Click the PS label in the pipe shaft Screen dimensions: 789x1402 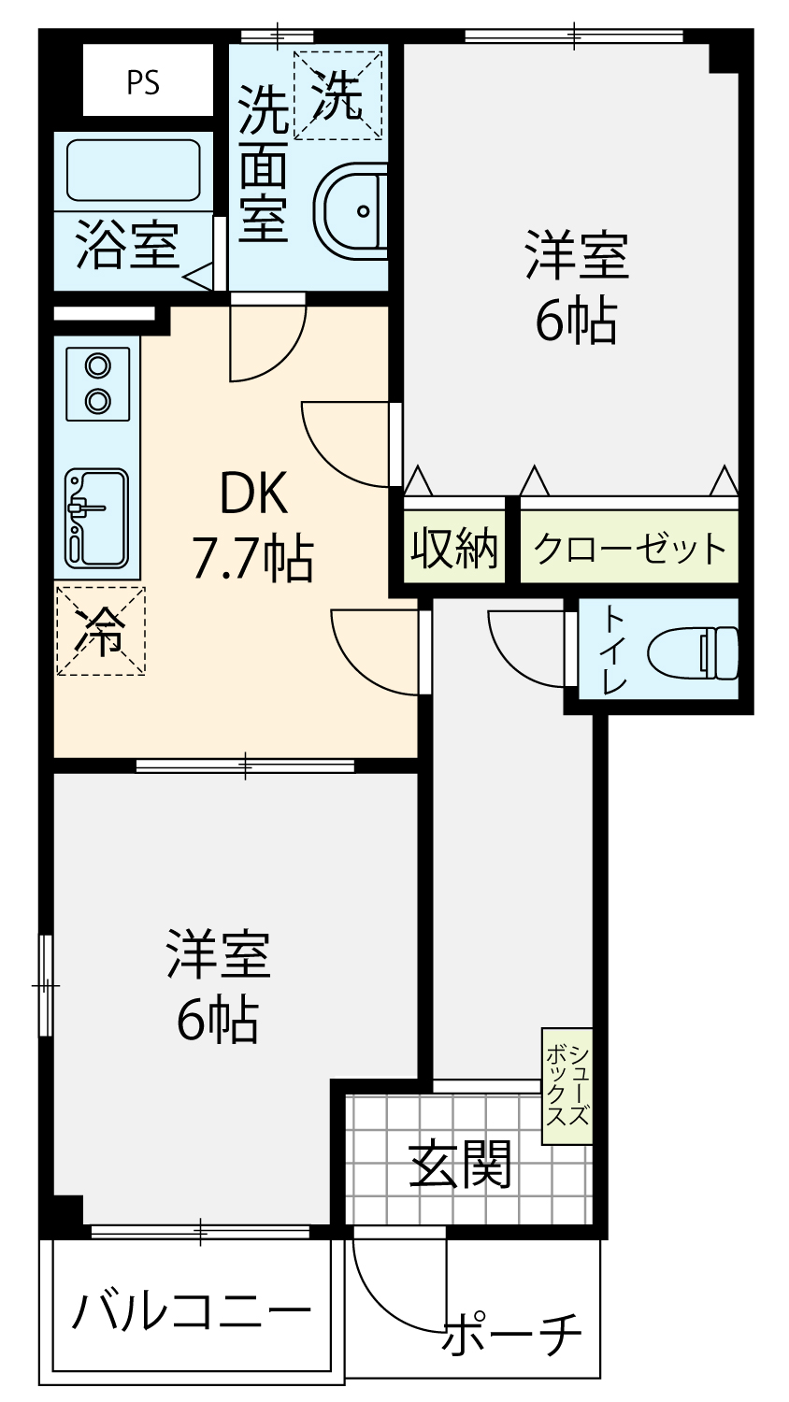[x=143, y=82]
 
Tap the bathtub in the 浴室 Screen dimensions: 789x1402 [x=134, y=169]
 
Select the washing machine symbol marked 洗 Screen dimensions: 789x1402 [x=338, y=94]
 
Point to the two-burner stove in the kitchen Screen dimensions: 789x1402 [x=97, y=383]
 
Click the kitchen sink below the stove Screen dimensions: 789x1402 [x=97, y=518]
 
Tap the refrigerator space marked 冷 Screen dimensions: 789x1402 [x=101, y=631]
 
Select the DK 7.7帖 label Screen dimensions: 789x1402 [x=253, y=524]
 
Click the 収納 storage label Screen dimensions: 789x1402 [x=454, y=549]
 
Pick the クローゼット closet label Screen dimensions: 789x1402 [x=629, y=549]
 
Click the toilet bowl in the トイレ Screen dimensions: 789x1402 [x=693, y=652]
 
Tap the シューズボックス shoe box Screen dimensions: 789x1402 [x=567, y=1086]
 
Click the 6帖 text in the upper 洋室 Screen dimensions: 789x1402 [x=576, y=322]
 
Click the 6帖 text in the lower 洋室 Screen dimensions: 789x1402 [x=217, y=1020]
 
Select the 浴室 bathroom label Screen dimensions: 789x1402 [x=128, y=245]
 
